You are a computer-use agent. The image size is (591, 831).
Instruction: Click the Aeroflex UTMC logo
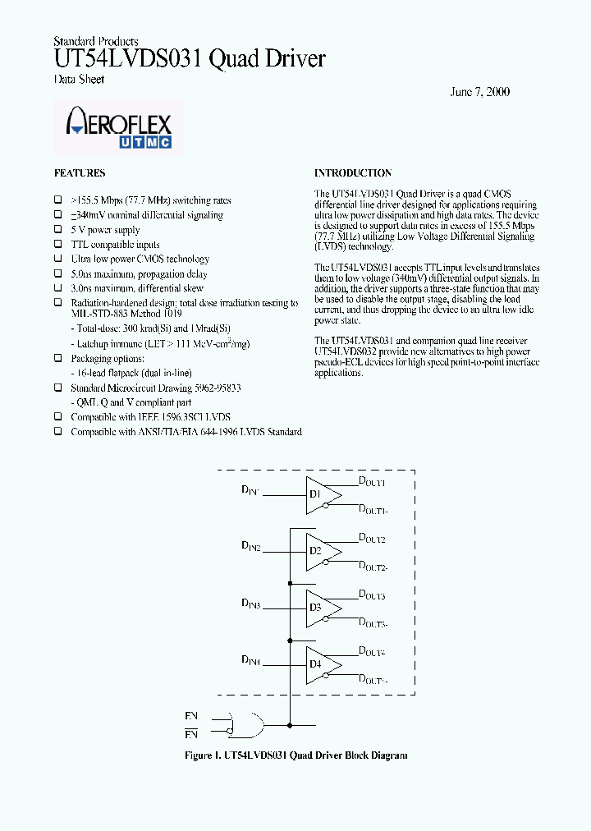[x=119, y=128]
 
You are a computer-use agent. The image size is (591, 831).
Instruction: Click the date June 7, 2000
[x=479, y=91]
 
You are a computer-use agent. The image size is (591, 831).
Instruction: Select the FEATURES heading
[x=80, y=173]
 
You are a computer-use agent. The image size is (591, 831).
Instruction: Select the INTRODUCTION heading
[x=353, y=173]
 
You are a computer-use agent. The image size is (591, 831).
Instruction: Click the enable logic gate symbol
[x=246, y=724]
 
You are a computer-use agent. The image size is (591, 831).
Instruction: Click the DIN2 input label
[x=250, y=546]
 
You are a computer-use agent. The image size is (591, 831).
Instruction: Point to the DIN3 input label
[x=250, y=604]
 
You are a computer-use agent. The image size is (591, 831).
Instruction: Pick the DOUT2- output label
[x=373, y=566]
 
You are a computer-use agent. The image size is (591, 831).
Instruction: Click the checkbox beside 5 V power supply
[x=58, y=230]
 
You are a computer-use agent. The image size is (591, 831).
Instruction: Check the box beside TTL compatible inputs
[x=58, y=245]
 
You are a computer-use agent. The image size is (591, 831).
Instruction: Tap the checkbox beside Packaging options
[x=58, y=358]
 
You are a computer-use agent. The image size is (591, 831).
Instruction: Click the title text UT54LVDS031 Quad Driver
[x=190, y=59]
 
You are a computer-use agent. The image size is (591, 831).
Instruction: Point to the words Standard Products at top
[x=95, y=41]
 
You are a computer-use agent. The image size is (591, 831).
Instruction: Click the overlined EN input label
[x=191, y=733]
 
